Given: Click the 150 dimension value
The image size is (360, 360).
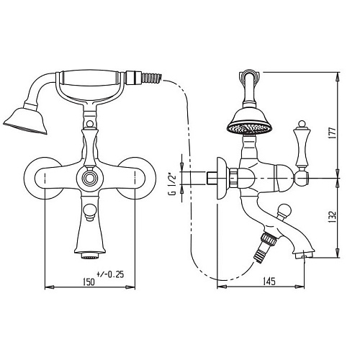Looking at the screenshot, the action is pyautogui.click(x=89, y=282).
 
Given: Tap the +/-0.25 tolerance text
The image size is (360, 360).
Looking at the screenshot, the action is pyautogui.click(x=110, y=274).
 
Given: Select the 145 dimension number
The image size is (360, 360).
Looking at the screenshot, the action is pyautogui.click(x=269, y=282).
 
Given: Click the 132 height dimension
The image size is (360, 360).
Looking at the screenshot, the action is pyautogui.click(x=332, y=217).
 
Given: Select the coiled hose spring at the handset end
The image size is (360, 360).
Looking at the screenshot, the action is pyautogui.click(x=152, y=78).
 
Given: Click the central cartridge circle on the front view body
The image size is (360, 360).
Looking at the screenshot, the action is pyautogui.click(x=90, y=179).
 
